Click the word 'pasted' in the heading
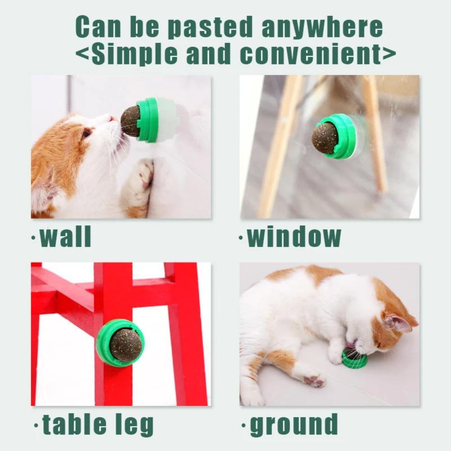(211, 28)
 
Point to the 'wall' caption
(66, 237)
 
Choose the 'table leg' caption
(98, 424)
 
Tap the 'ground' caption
(294, 424)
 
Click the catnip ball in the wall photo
(131, 121)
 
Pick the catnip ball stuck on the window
(325, 137)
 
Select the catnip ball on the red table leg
(125, 345)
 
